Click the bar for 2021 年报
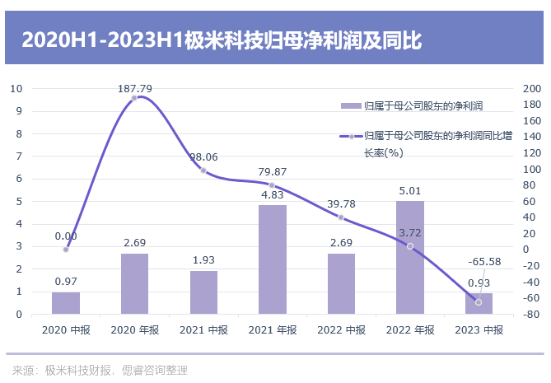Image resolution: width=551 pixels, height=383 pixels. pyautogui.click(x=273, y=259)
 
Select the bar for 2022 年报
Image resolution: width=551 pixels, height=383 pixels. pyautogui.click(x=409, y=257)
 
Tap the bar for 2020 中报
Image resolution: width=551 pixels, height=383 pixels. pyautogui.click(x=66, y=303)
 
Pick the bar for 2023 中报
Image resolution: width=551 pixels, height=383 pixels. pyautogui.click(x=479, y=303)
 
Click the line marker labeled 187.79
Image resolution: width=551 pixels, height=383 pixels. pyautogui.click(x=134, y=98)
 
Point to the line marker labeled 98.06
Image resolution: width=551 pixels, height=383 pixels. pyautogui.click(x=203, y=170)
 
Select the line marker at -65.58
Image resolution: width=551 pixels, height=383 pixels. pyautogui.click(x=479, y=302)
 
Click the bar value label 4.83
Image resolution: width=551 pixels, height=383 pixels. pyautogui.click(x=273, y=195)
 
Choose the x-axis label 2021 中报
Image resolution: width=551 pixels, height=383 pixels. pyautogui.click(x=203, y=329)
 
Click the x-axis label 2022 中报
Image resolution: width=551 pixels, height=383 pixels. pyautogui.click(x=341, y=329)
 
